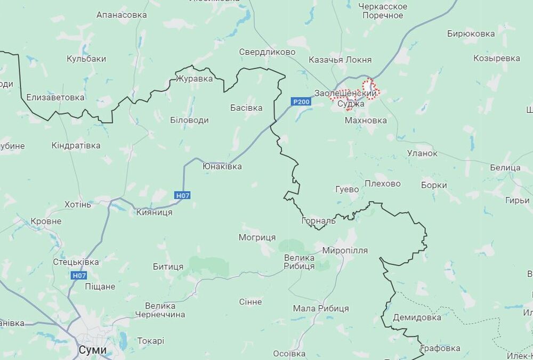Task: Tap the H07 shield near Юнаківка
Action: point(182,195)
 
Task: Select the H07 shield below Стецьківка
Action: point(79,275)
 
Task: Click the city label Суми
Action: point(92,350)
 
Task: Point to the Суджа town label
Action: point(351,104)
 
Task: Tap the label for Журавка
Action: point(194,79)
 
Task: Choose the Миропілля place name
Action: point(345,250)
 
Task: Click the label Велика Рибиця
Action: point(298,262)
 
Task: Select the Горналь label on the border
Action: point(318,220)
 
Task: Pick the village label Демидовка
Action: point(417,317)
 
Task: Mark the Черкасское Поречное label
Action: point(383,11)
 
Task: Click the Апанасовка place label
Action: point(122,15)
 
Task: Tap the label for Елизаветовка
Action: point(55,97)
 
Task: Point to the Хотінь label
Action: point(78,204)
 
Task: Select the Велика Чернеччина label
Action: point(160,310)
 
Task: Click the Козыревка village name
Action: point(497,58)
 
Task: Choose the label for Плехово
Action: point(382,184)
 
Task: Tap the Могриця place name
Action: point(257,237)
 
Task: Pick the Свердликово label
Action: point(267,52)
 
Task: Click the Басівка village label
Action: point(246,108)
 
